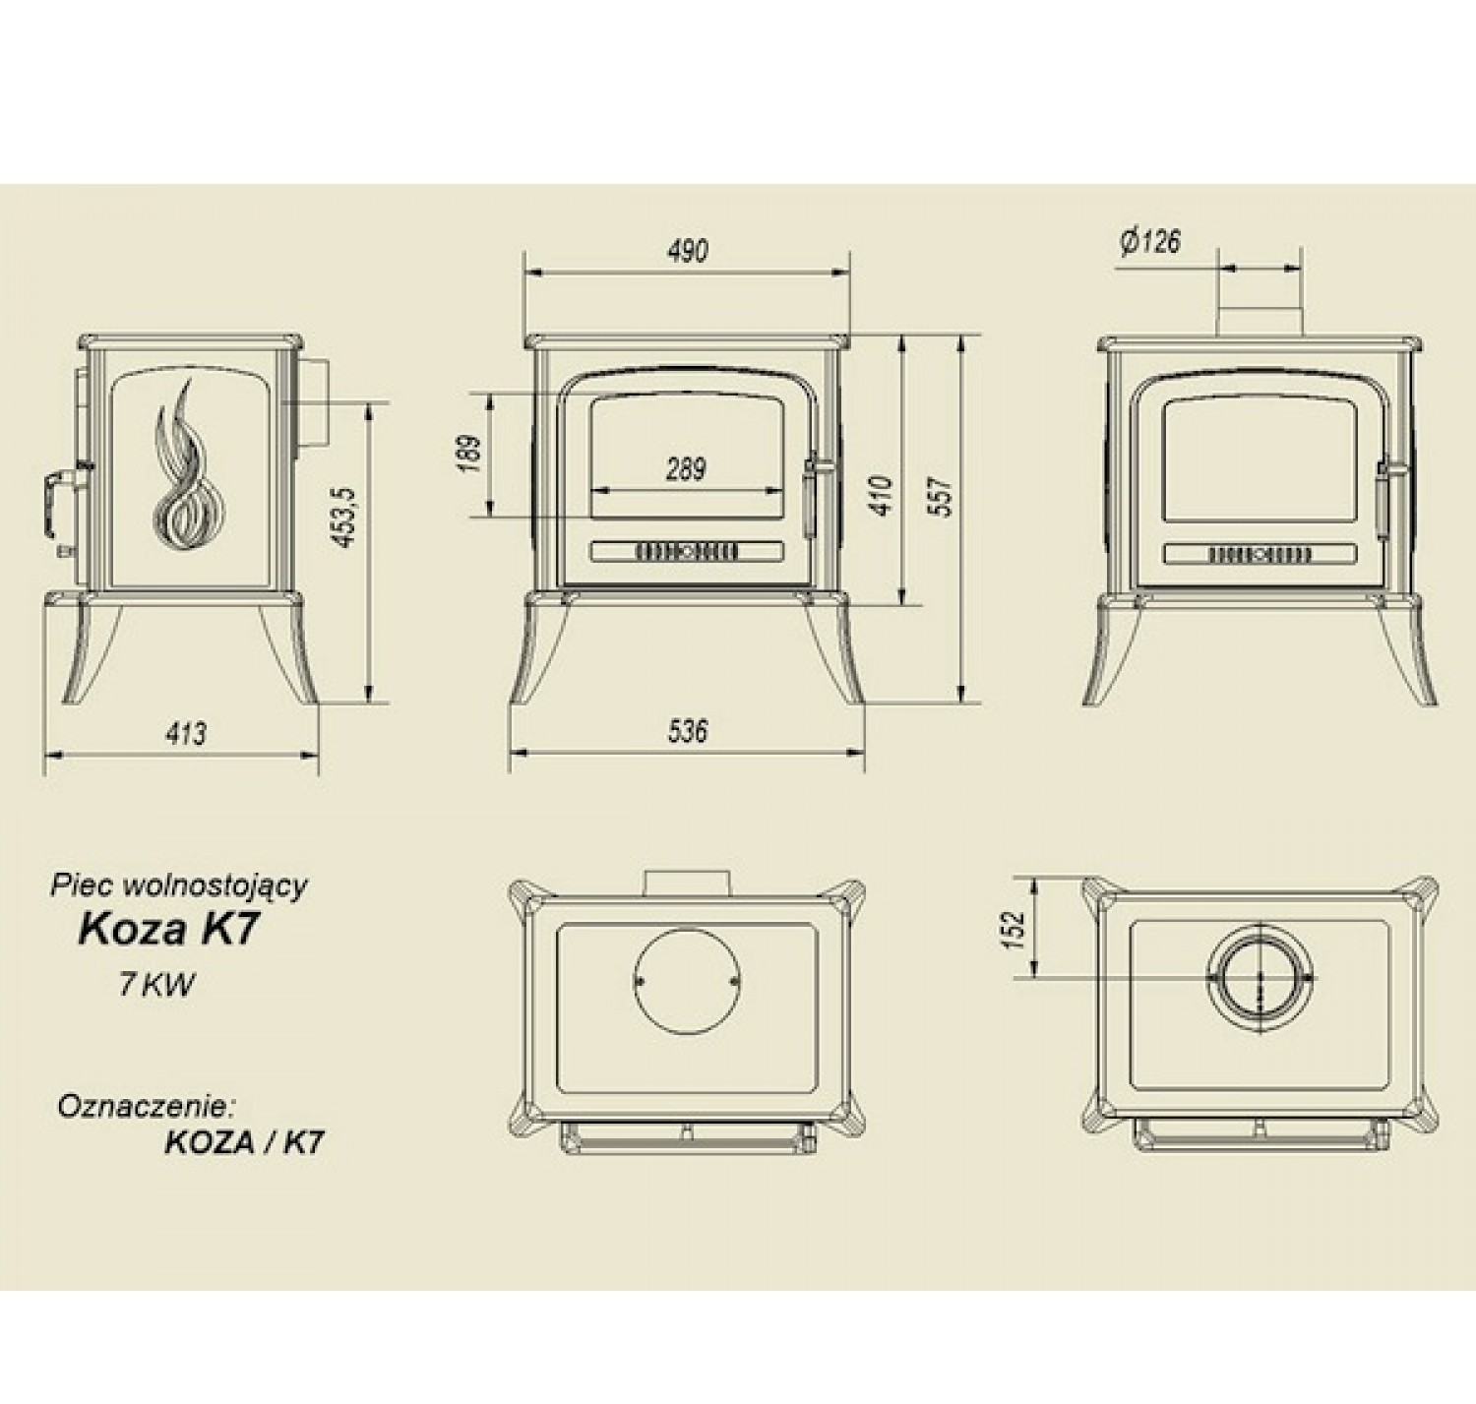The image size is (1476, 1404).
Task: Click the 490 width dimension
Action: click(x=687, y=251)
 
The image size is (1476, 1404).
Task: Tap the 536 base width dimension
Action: click(x=687, y=730)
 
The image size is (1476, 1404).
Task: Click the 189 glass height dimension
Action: click(x=467, y=455)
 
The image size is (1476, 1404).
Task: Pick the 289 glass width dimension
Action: click(x=686, y=469)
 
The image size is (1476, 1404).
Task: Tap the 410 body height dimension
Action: click(x=884, y=496)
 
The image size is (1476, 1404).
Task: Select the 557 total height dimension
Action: click(x=943, y=496)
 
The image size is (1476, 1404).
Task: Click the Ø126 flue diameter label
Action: click(x=1151, y=242)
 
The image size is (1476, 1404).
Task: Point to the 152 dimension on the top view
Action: click(x=1015, y=930)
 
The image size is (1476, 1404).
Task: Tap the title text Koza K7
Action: click(x=168, y=929)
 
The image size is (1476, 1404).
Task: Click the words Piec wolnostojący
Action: click(x=179, y=886)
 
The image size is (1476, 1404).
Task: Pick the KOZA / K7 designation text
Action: click(x=244, y=1142)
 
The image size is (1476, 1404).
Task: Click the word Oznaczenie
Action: click(x=147, y=1107)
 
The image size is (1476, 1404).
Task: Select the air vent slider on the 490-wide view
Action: click(x=687, y=552)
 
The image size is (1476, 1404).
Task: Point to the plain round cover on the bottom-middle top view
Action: click(x=686, y=981)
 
